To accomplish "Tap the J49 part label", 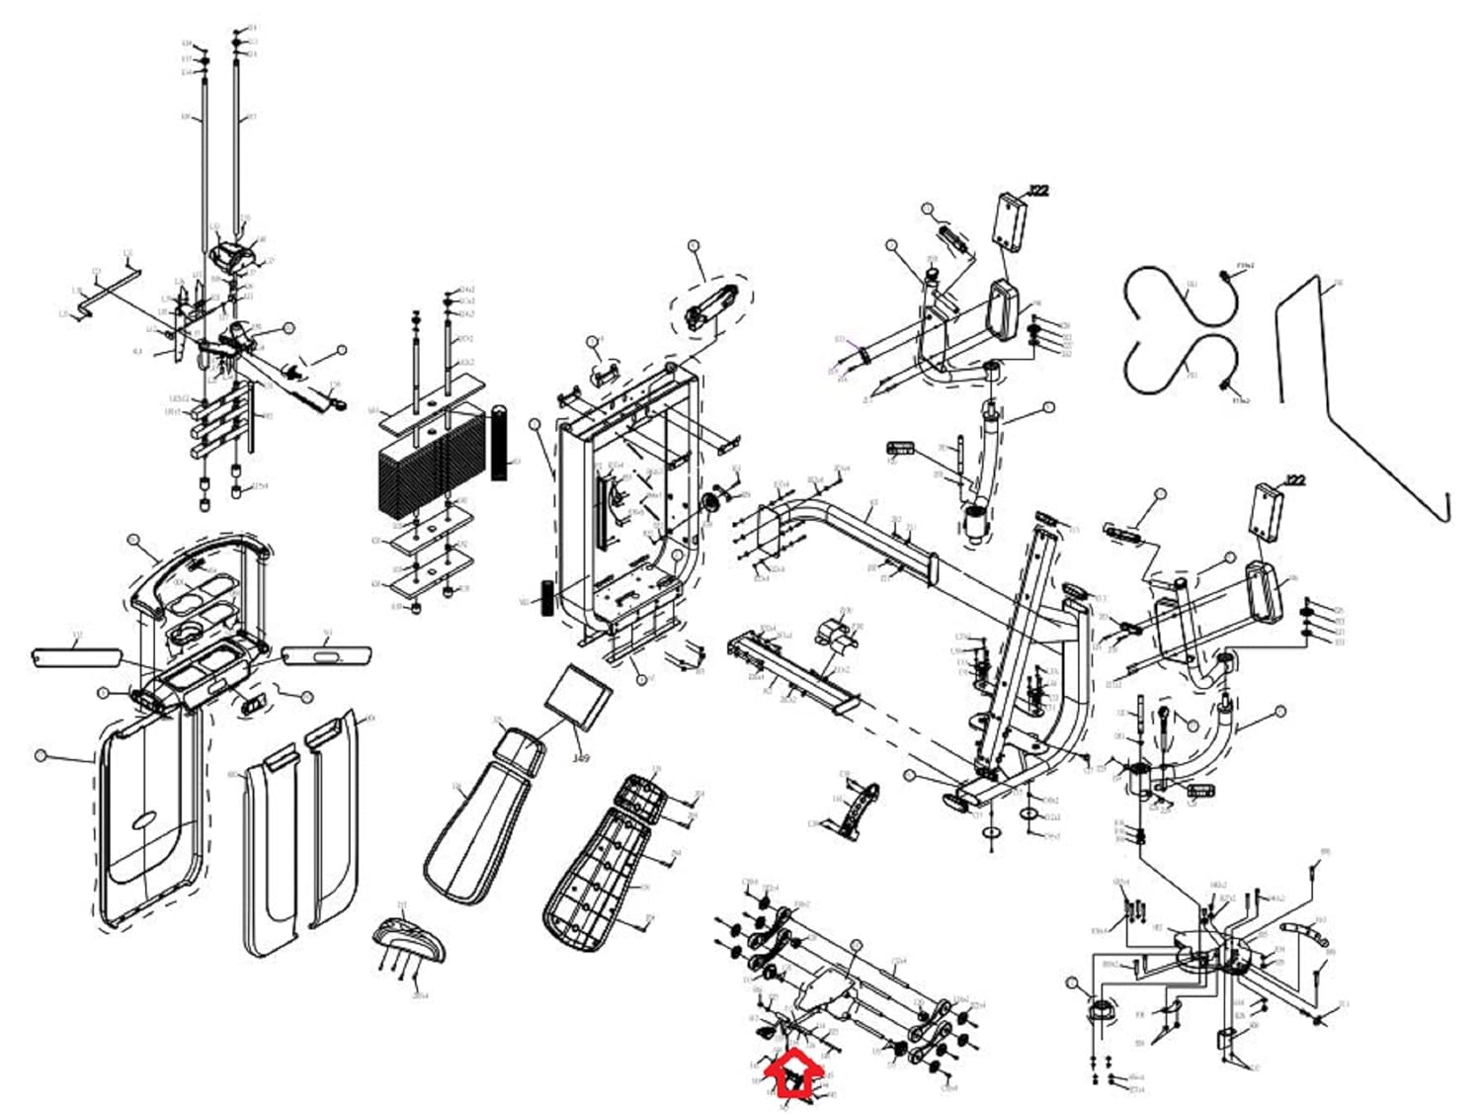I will click(581, 759).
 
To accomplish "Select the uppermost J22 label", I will click(1037, 191).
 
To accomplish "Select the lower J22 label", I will click(1294, 480).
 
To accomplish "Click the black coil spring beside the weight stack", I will click(499, 442).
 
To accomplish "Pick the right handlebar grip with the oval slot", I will click(326, 654).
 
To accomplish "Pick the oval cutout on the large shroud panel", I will click(145, 820).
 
